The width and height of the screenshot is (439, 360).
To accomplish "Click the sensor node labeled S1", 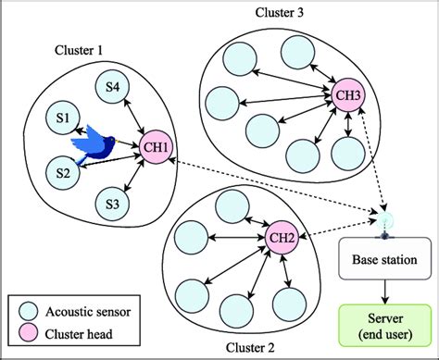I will pos(63,118).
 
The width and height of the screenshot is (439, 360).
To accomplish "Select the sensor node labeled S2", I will pos(63,171).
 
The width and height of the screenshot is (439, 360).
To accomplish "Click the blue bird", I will pos(102,146).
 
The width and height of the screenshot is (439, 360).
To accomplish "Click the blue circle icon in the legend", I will pos(30,312).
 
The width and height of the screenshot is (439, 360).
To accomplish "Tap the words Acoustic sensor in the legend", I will pos(94,312).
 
